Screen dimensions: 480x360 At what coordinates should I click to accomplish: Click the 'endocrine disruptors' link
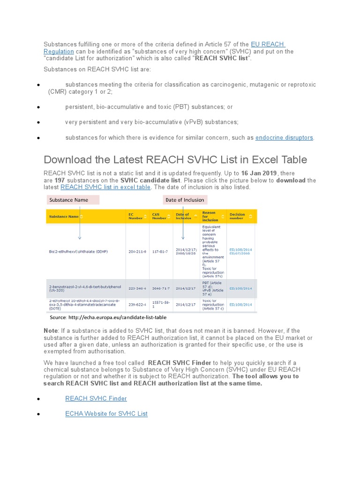tap(284, 138)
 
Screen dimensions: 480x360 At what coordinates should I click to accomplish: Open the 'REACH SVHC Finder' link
tap(96, 398)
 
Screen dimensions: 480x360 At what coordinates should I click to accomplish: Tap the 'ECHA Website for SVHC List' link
tap(106, 413)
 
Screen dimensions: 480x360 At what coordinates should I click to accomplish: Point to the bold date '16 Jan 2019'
tap(259, 173)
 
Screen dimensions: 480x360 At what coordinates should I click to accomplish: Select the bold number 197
tap(60, 180)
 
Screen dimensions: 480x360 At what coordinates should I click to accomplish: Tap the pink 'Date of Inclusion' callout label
tap(185, 200)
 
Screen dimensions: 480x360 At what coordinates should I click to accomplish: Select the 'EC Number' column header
tap(135, 216)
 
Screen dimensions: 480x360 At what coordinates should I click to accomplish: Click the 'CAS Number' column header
tap(159, 216)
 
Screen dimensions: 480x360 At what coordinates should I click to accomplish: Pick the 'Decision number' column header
tap(237, 216)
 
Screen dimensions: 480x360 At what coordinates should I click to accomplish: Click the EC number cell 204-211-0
tap(137, 252)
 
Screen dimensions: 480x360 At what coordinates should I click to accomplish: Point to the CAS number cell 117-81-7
tap(160, 252)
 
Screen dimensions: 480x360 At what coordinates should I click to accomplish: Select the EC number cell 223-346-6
tap(137, 288)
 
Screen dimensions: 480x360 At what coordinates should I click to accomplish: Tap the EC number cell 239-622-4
tap(137, 305)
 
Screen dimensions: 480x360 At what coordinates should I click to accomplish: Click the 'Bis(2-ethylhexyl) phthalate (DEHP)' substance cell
tap(78, 252)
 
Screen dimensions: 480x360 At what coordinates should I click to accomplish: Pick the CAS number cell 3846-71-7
tap(161, 288)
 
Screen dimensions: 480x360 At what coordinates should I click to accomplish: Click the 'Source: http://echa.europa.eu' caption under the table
tap(105, 317)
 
